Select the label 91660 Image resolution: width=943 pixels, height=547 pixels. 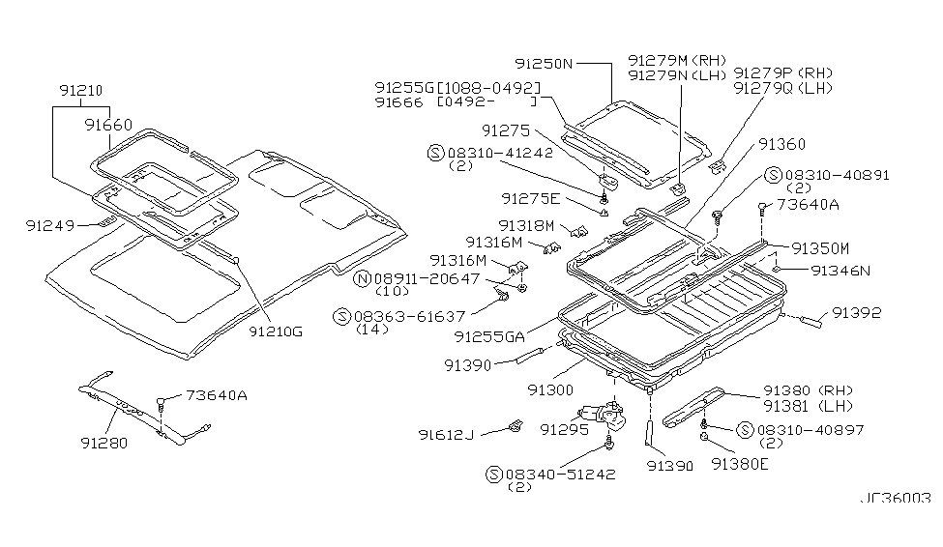click(x=107, y=125)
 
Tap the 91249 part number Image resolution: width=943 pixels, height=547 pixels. click(x=50, y=225)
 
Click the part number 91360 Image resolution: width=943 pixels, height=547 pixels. click(x=781, y=144)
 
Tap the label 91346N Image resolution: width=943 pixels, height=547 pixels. click(x=840, y=272)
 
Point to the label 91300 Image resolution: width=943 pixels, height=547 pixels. click(x=548, y=388)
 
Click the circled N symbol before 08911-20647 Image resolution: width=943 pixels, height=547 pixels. click(x=363, y=279)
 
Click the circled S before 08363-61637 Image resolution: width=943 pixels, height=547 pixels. click(x=340, y=316)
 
